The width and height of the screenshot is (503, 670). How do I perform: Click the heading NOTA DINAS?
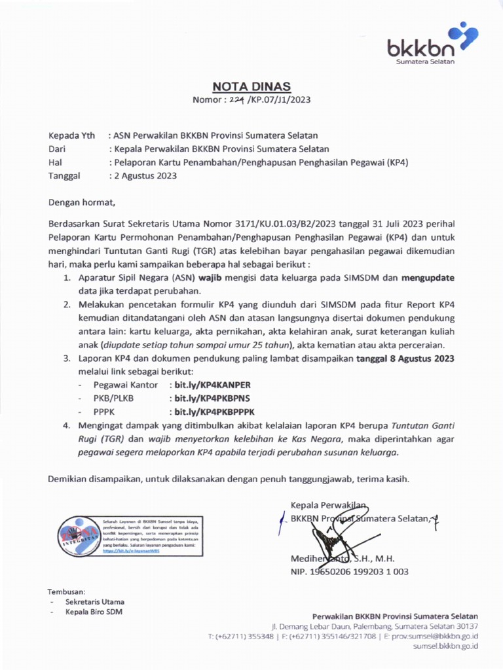click(x=251, y=87)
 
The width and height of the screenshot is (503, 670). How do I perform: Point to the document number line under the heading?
click(x=251, y=100)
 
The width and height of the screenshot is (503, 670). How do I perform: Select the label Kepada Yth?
click(x=72, y=135)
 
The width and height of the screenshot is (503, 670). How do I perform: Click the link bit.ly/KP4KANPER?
click(x=210, y=385)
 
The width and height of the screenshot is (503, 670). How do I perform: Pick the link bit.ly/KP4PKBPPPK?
click(x=212, y=411)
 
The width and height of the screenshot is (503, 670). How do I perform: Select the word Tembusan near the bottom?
click(x=67, y=590)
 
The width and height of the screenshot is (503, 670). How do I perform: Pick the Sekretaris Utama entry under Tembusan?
click(x=94, y=601)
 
